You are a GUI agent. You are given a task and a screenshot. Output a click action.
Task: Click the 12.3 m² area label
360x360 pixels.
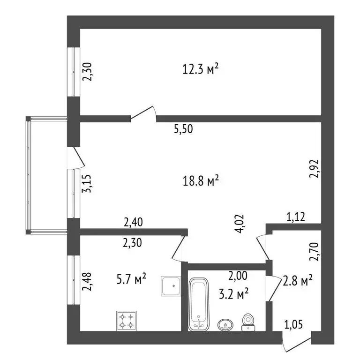pos(201,70)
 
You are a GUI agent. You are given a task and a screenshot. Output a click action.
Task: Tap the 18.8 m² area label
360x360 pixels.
pos(201,180)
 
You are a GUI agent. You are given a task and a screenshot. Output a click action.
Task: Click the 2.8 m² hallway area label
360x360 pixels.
pos(297,281)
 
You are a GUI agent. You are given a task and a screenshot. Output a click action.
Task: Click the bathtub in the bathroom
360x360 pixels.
pos(198,304)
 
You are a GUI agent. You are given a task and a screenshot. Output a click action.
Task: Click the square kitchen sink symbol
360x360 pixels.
pos(172,285)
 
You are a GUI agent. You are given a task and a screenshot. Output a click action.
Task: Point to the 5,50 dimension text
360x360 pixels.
pos(183,130)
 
